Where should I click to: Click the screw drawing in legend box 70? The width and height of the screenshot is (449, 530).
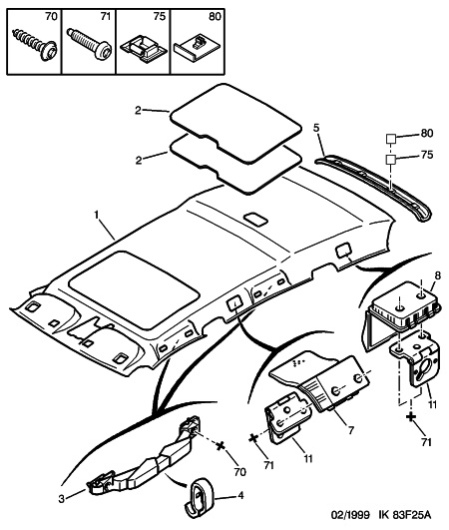click(x=34, y=44)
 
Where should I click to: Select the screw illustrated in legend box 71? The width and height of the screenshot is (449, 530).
click(x=89, y=44)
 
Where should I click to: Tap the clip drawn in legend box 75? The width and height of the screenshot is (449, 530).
click(x=144, y=49)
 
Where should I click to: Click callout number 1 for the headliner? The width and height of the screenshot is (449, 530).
click(x=97, y=215)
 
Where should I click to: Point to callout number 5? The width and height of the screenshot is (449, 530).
click(x=316, y=128)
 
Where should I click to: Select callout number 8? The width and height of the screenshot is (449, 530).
click(x=437, y=275)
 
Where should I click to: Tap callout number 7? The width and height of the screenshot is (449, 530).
click(x=351, y=430)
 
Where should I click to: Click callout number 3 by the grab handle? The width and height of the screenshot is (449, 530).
click(x=61, y=499)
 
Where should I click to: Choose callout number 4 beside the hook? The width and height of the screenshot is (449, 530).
click(x=240, y=495)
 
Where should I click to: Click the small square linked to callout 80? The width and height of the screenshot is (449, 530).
click(x=391, y=139)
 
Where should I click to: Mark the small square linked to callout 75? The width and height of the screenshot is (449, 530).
click(x=391, y=159)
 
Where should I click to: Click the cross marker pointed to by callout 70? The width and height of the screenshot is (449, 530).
click(x=221, y=446)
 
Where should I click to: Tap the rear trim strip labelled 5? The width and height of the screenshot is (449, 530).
click(x=373, y=187)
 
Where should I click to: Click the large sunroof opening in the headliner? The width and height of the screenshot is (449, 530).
click(x=133, y=289)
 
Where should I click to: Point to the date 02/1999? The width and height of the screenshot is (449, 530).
click(x=349, y=515)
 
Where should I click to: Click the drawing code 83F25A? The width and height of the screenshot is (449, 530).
click(x=411, y=515)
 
